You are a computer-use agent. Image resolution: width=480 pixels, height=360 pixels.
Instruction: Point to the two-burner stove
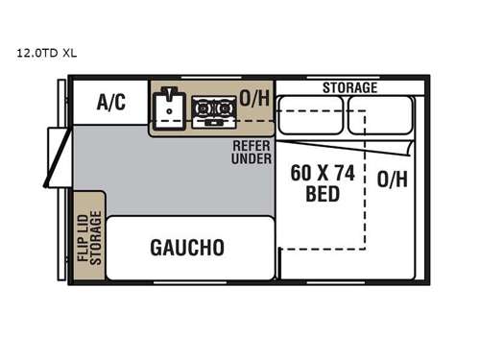212,112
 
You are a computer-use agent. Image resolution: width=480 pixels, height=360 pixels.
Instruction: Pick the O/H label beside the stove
253,97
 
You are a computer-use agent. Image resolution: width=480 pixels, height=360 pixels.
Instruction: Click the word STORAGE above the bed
349,87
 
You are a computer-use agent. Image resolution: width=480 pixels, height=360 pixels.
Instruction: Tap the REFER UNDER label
251,151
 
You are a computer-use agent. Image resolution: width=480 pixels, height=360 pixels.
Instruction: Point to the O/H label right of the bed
391,180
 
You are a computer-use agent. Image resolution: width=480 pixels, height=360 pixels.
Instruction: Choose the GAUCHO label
187,247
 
